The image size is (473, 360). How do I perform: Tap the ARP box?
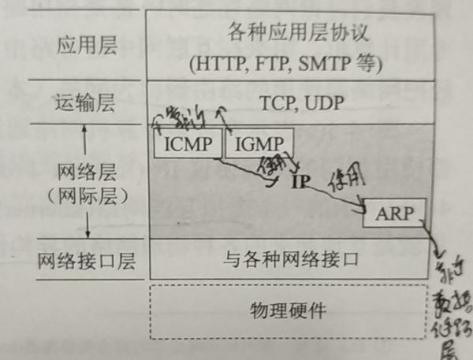pyautogui.click(x=393, y=213)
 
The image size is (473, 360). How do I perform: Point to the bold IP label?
pyautogui.click(x=300, y=182)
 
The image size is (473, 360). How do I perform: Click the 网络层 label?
pyautogui.click(x=87, y=170)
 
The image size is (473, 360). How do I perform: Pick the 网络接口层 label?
pyautogui.click(x=87, y=261)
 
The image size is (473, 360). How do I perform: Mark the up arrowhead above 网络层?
pyautogui.click(x=87, y=134)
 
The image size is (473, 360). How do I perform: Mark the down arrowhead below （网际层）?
pyautogui.click(x=87, y=234)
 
